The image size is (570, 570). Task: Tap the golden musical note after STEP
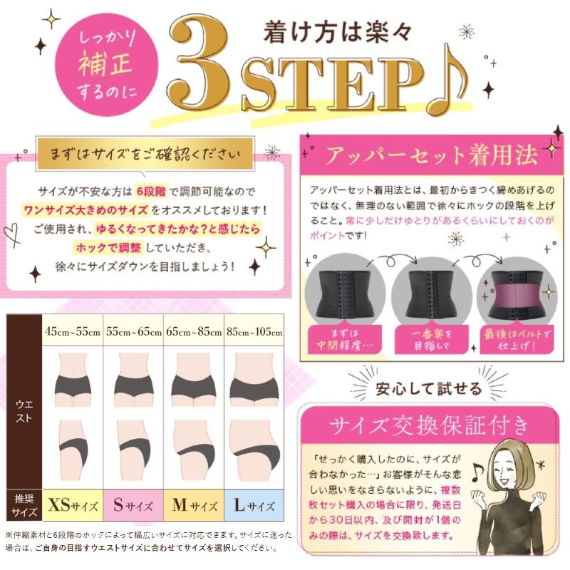(x=447, y=81)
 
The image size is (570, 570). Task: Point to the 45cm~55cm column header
(x=72, y=332)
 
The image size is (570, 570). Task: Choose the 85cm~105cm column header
(x=254, y=332)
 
